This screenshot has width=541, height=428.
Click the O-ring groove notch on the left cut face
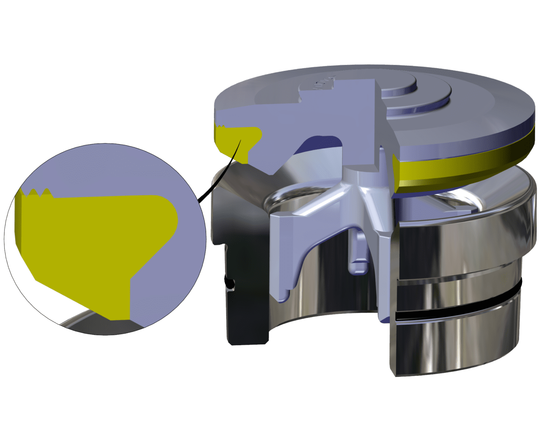[x=229, y=283]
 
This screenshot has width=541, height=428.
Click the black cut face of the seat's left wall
[x=242, y=309]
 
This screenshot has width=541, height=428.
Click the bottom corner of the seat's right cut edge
[x=392, y=373]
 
